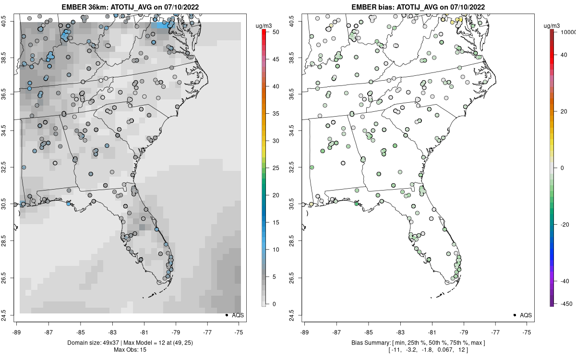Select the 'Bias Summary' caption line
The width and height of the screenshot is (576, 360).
pyautogui.click(x=418, y=343)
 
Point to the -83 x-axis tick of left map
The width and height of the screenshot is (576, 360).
pyautogui.click(x=112, y=332)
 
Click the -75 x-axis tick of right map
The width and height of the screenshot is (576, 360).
pyautogui.click(x=527, y=332)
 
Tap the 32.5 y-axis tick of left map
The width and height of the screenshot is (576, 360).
pyautogui.click(x=10, y=168)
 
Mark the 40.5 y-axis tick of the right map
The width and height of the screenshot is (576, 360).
pyautogui.click(x=298, y=21)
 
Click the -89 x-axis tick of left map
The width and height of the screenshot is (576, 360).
pyautogui.click(x=17, y=332)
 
